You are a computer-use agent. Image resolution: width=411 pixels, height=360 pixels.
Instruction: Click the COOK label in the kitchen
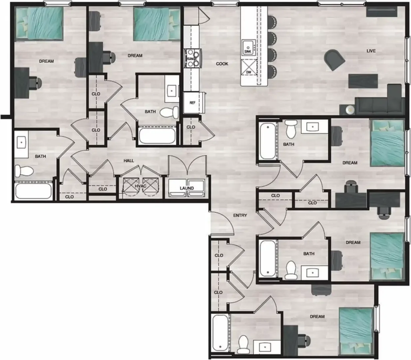(x=222, y=64)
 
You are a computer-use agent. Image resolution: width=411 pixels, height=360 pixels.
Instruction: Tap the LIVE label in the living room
(x=371, y=51)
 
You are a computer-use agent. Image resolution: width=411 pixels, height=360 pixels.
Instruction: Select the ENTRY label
(x=240, y=215)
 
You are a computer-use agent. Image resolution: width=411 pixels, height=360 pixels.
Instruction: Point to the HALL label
(x=129, y=161)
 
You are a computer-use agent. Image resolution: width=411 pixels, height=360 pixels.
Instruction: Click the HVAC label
(x=141, y=186)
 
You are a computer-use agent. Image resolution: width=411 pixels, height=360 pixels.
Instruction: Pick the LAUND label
(x=187, y=188)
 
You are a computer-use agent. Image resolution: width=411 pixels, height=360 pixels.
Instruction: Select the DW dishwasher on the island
(x=249, y=68)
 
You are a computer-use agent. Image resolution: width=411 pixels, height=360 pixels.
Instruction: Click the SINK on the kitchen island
(x=249, y=48)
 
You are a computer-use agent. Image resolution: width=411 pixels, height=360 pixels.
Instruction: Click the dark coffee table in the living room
(x=363, y=81)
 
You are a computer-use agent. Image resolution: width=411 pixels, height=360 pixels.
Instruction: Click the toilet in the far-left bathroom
(x=24, y=171)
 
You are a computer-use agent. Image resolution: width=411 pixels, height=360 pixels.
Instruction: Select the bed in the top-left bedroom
(x=39, y=24)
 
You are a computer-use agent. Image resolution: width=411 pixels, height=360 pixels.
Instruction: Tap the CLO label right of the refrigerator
(x=191, y=127)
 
